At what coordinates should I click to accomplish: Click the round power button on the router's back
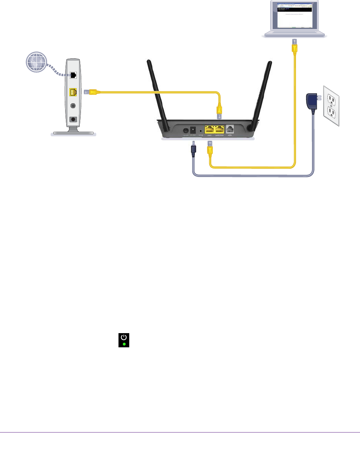(187, 131)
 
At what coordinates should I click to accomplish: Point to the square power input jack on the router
(193, 130)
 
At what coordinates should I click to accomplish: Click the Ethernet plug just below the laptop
(294, 46)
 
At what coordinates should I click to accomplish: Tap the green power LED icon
(123, 340)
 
